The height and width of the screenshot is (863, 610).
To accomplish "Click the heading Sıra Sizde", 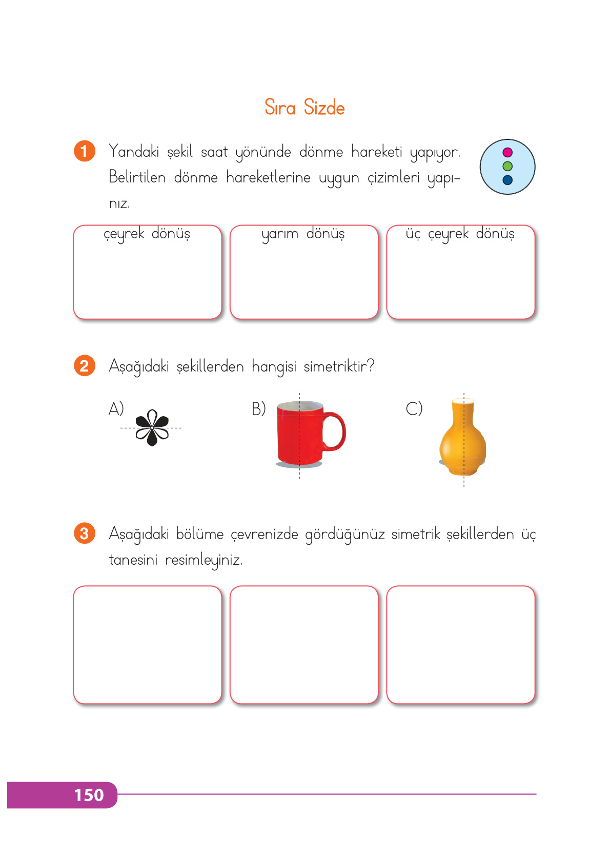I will pyautogui.click(x=304, y=108).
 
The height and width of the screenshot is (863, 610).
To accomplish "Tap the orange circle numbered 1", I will pyautogui.click(x=85, y=151).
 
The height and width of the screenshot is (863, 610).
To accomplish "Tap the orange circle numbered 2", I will pyautogui.click(x=85, y=366).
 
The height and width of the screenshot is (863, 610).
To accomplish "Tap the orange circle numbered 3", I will pyautogui.click(x=85, y=533).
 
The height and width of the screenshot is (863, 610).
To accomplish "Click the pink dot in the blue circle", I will pyautogui.click(x=507, y=152).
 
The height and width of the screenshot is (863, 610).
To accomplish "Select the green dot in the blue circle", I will pyautogui.click(x=507, y=166).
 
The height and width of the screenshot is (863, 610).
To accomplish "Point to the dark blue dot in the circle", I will pyautogui.click(x=507, y=180).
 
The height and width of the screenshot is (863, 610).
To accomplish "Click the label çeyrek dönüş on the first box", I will pyautogui.click(x=147, y=234).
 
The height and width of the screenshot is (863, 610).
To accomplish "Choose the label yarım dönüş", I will pyautogui.click(x=303, y=234).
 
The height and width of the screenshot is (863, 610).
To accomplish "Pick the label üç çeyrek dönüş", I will pyautogui.click(x=460, y=234).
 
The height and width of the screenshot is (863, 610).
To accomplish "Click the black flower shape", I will pyautogui.click(x=152, y=427).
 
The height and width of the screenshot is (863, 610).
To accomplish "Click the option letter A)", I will pyautogui.click(x=116, y=409).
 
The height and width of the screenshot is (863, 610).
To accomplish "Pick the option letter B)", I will pyautogui.click(x=258, y=409).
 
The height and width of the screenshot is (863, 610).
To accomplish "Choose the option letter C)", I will pyautogui.click(x=414, y=409).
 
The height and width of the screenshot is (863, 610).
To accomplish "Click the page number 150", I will pyautogui.click(x=89, y=795).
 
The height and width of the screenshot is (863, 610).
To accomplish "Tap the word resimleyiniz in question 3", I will pyautogui.click(x=204, y=560).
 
